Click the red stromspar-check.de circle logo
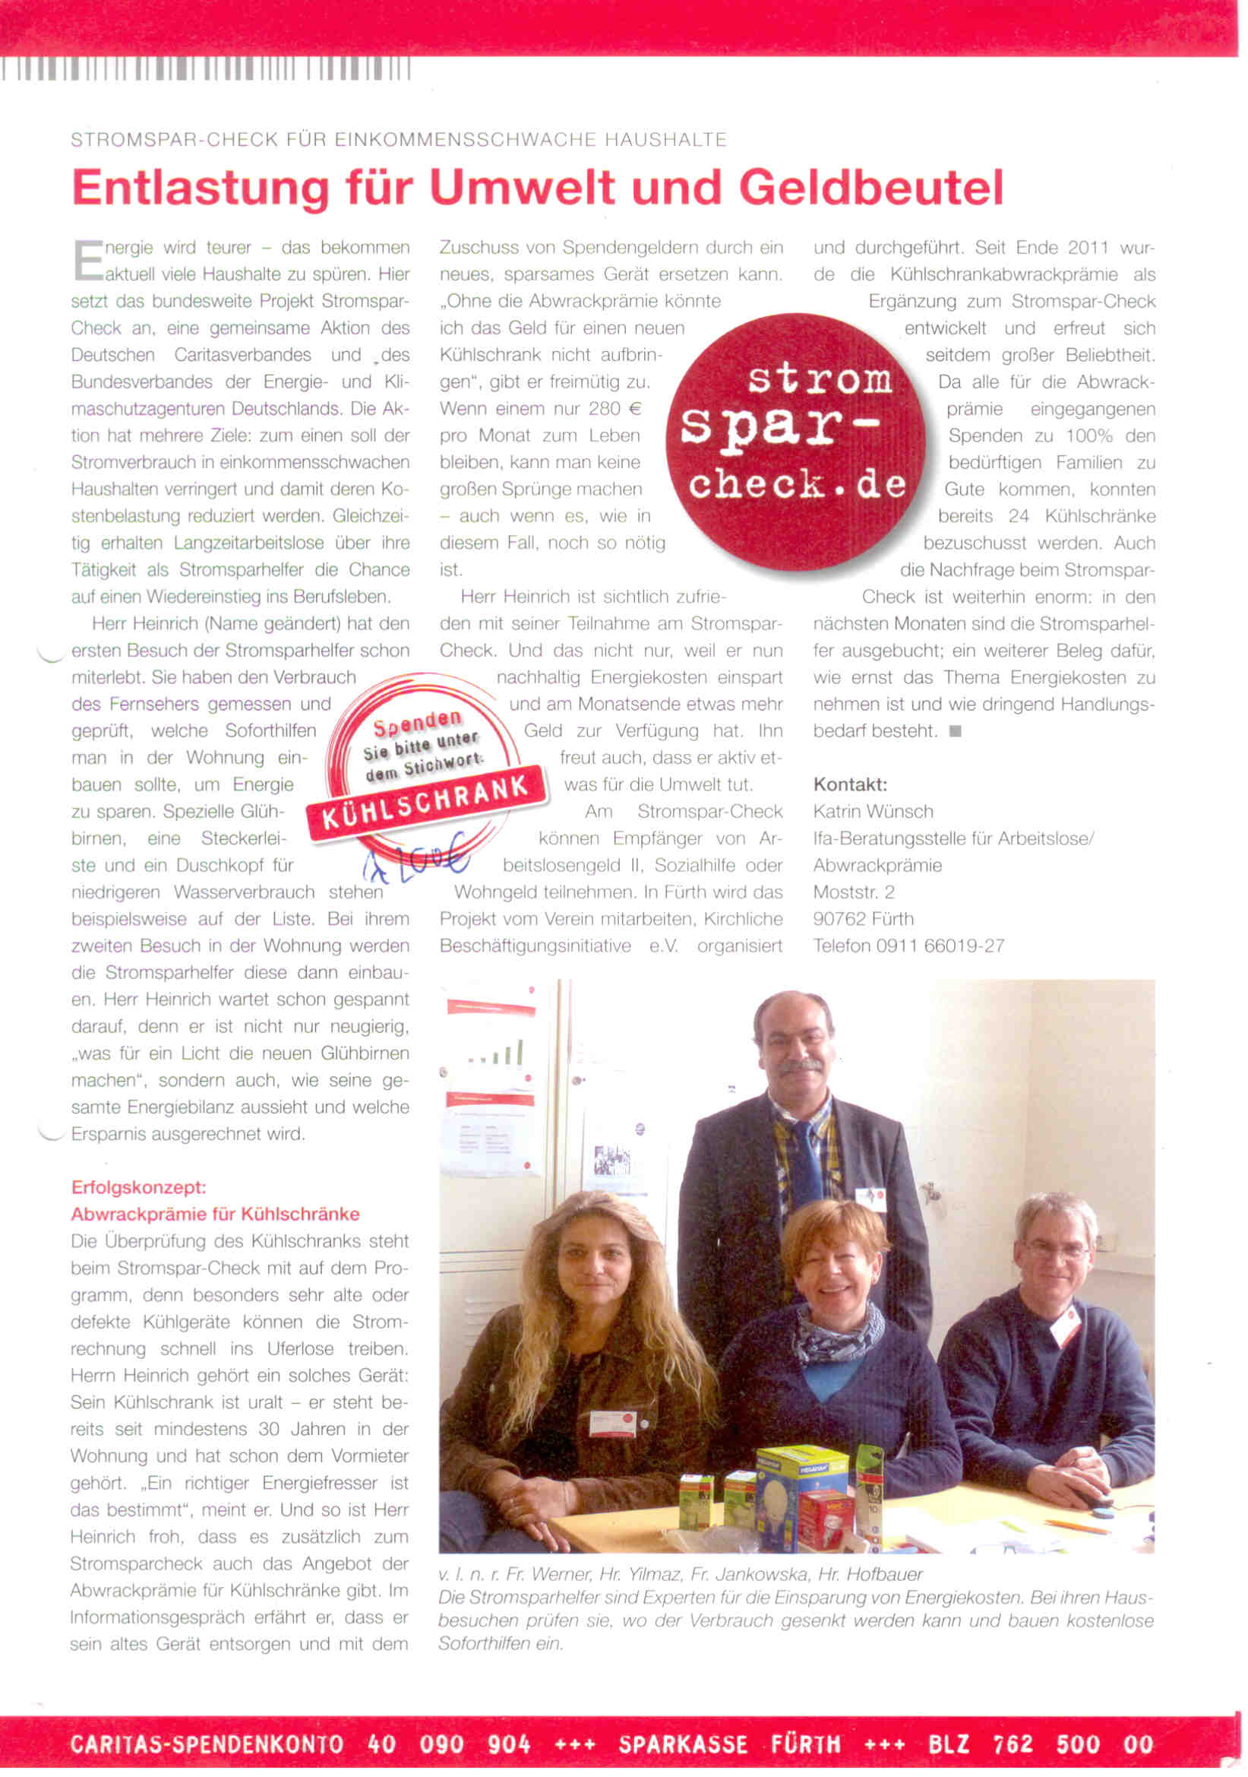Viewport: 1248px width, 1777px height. tap(796, 441)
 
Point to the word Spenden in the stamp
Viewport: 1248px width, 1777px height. tap(417, 724)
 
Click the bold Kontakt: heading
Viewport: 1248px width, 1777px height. tap(849, 784)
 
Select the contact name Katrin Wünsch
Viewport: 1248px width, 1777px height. tap(873, 811)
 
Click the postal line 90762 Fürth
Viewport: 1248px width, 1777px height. tap(863, 919)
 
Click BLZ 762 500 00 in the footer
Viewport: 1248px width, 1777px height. tap(1040, 1744)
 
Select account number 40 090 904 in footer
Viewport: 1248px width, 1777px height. tap(449, 1744)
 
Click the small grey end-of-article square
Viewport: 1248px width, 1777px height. tap(955, 730)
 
